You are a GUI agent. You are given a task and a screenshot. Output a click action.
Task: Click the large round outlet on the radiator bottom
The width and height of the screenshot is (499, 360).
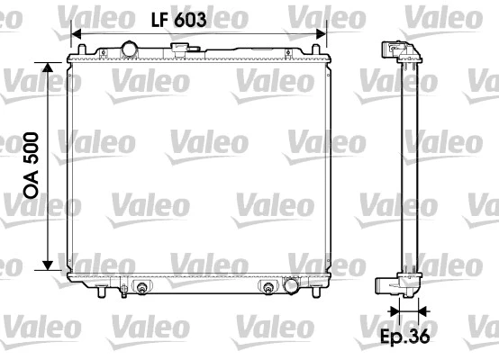tap(291, 286)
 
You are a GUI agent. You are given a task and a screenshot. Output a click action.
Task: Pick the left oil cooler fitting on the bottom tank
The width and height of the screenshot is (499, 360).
tap(141, 288)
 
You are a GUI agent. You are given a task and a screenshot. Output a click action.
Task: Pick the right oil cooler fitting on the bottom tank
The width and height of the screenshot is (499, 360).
tap(268, 288)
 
